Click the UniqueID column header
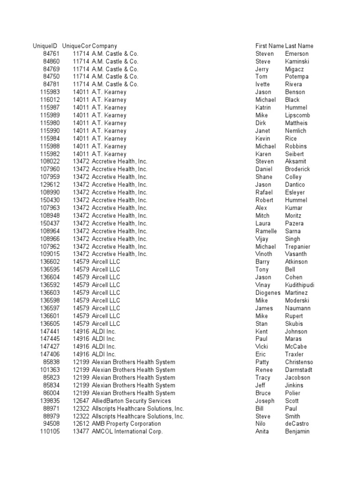(x=45, y=46)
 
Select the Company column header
(x=105, y=46)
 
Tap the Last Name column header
(x=299, y=46)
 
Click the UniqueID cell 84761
(x=51, y=54)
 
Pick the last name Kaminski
(x=297, y=61)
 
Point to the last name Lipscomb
(x=297, y=115)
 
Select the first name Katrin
(x=263, y=107)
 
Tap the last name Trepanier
(x=298, y=247)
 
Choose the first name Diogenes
(x=268, y=293)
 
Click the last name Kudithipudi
(x=300, y=285)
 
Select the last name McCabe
(x=295, y=347)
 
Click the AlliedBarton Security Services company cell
(x=131, y=401)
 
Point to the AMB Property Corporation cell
(x=126, y=424)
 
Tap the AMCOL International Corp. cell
(x=127, y=432)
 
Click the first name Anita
(x=262, y=432)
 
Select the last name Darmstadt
(x=299, y=370)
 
